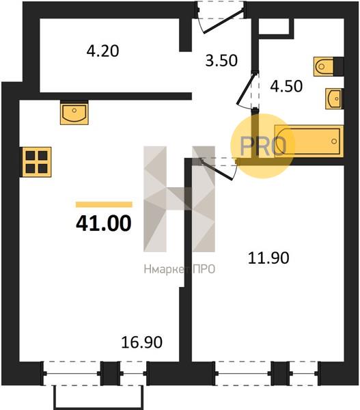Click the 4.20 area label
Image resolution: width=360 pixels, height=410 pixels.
tap(102, 51)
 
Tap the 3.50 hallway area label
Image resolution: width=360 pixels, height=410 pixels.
tap(221, 60)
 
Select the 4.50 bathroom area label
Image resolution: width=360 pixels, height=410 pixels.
tap(286, 86)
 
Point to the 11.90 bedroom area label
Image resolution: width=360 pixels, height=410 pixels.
tap(268, 258)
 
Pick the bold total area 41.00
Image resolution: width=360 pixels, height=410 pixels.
tap(104, 223)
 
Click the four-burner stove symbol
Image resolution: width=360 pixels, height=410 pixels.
tap(36, 162)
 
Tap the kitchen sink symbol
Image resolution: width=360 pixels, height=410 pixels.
tap(74, 113)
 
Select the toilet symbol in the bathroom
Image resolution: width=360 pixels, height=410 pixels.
tap(324, 67)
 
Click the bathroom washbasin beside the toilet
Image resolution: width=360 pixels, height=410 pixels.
tap(334, 98)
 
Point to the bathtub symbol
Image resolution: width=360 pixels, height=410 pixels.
tap(309, 141)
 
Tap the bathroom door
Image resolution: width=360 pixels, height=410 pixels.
tap(246, 90)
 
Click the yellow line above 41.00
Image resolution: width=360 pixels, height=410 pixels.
tap(104, 204)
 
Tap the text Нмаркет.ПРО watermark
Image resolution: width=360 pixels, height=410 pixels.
tap(180, 269)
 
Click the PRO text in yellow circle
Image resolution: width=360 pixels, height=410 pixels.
tap(262, 146)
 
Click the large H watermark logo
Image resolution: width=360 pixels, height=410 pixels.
tap(180, 199)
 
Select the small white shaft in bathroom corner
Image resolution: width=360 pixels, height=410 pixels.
tap(274, 26)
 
